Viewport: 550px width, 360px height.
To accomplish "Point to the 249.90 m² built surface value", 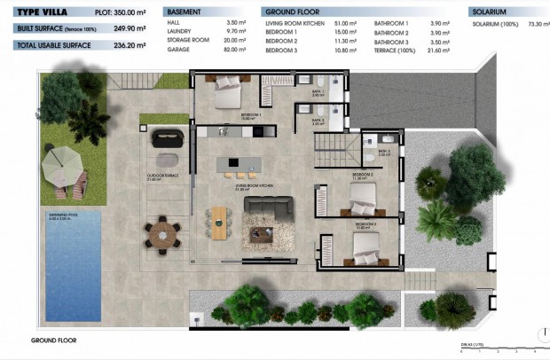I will tap(130, 27).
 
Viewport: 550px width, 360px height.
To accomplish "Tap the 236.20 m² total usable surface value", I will tap(130, 42).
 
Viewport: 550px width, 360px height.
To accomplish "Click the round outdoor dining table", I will tap(162, 233).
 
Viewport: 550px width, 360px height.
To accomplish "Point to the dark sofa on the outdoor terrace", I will tap(167, 138).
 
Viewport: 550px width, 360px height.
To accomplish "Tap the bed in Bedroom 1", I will tap(229, 90).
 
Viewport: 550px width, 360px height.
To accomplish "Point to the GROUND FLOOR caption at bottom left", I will tap(54, 340).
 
